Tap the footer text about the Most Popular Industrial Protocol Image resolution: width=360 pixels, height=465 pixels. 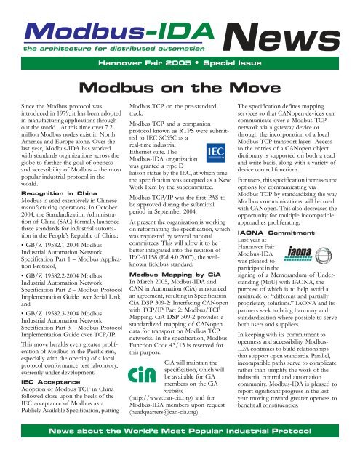(180, 450)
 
